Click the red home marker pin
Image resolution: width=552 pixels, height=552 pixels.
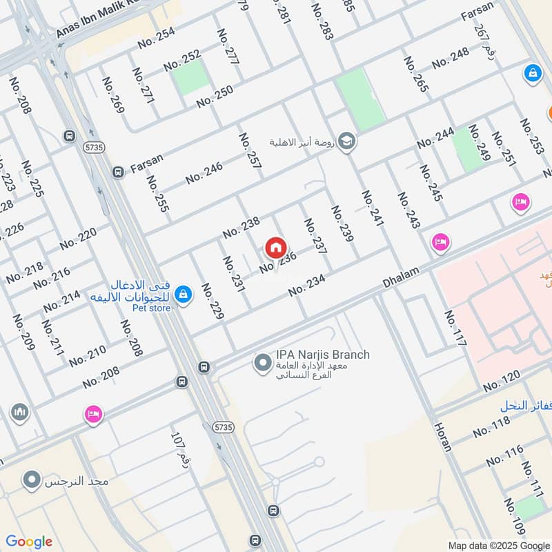tap(275, 247)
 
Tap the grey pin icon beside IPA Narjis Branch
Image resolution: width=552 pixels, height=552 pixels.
tap(262, 362)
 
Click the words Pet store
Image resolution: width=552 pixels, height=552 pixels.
tap(152, 308)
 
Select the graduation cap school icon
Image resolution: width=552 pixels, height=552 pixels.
tap(346, 141)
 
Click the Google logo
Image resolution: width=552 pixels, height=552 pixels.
tap(29, 542)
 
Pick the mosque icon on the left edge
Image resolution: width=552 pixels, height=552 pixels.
tap(19, 413)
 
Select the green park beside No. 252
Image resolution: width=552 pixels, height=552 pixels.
tap(190, 77)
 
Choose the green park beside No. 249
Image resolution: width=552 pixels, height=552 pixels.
tap(469, 149)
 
